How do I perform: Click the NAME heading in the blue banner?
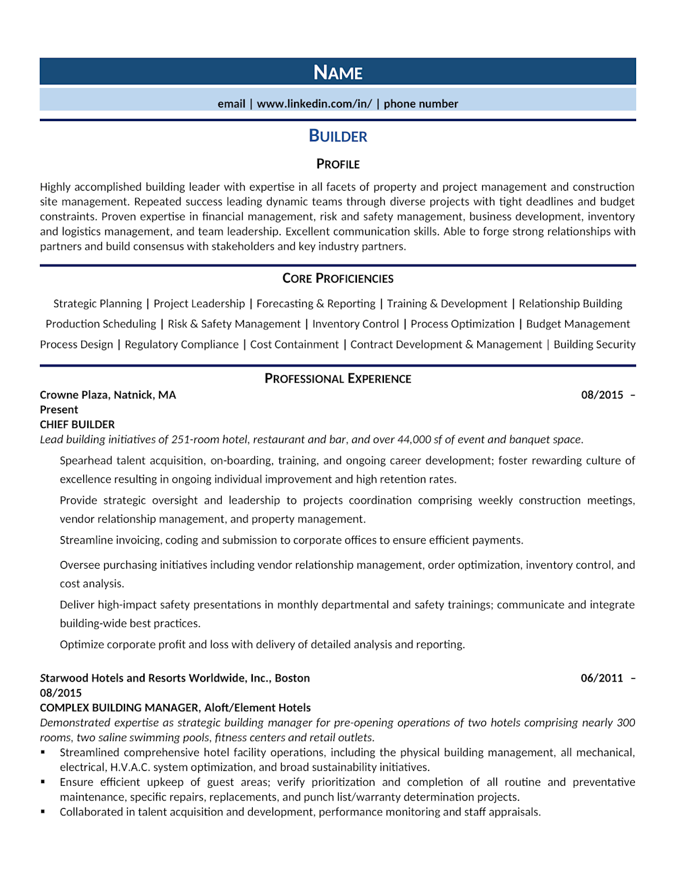[338, 72]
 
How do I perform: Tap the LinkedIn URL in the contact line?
[314, 103]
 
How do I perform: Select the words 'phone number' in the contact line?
[420, 103]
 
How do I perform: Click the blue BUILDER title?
[338, 136]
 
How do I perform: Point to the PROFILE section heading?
[338, 164]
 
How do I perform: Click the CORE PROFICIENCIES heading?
[338, 279]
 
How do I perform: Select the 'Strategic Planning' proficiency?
[97, 304]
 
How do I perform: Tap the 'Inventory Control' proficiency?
[356, 324]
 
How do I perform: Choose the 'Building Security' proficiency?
[594, 344]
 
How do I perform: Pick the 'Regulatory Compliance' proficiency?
[181, 344]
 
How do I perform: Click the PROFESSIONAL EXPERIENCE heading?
[338, 379]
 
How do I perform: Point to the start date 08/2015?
[602, 395]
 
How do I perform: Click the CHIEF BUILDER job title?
[77, 425]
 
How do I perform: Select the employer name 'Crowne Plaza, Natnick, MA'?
[107, 395]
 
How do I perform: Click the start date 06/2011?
[602, 678]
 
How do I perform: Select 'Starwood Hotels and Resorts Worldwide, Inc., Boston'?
[174, 678]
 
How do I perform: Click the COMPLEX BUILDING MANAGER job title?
[119, 708]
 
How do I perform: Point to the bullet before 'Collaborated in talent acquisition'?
[43, 812]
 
